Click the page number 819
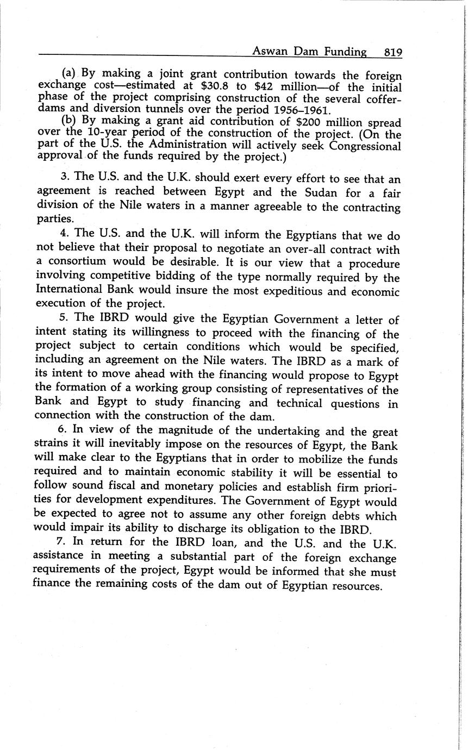coord(392,52)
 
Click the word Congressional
coord(364,146)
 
